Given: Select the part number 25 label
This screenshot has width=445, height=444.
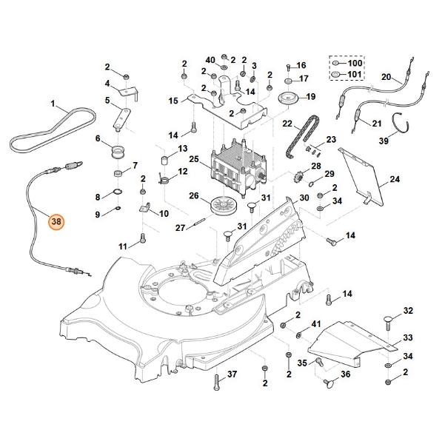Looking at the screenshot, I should (194, 159).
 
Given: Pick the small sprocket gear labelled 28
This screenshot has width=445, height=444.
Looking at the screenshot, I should (300, 178).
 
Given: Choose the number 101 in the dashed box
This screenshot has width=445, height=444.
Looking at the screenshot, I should (355, 75).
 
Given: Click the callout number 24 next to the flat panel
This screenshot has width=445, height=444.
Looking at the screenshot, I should (395, 179).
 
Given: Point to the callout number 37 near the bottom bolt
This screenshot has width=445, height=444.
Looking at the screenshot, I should (232, 375).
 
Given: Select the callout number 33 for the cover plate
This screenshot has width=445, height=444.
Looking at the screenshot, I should (407, 337).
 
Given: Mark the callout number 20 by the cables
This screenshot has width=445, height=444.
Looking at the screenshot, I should (386, 77).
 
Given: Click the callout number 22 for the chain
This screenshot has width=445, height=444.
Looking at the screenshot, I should (287, 124).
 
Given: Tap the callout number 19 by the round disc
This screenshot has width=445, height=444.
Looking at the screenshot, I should (311, 96).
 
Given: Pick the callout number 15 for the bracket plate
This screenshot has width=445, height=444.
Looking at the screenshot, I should (173, 100).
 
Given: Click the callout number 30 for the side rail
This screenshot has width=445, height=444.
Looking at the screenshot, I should (304, 198).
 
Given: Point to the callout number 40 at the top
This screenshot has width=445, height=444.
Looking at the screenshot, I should (210, 59).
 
